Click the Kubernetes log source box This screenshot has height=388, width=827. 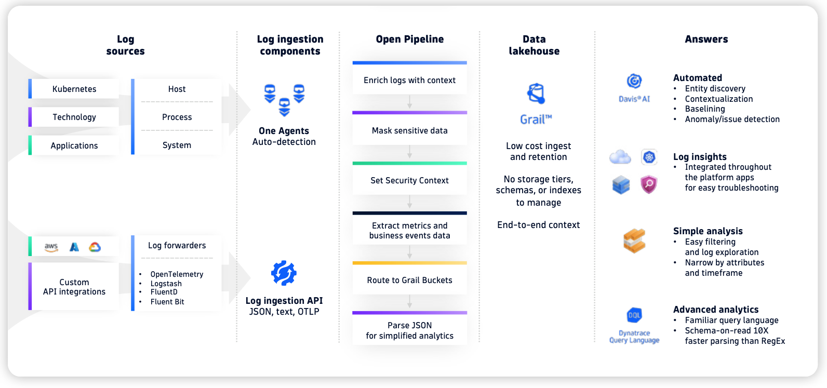click(74, 89)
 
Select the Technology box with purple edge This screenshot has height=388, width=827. click(74, 117)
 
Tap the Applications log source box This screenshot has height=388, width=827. click(74, 145)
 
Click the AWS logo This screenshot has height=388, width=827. click(51, 247)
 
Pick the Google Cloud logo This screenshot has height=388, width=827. click(95, 247)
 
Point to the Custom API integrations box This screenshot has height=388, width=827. click(74, 287)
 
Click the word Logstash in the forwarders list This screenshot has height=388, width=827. click(166, 284)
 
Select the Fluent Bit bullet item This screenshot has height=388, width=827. click(167, 302)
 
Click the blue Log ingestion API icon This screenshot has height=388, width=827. click(284, 273)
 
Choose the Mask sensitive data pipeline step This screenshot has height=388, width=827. click(409, 130)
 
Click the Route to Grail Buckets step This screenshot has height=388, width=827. click(409, 280)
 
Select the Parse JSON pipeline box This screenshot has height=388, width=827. click(409, 330)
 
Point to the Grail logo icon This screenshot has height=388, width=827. click(536, 94)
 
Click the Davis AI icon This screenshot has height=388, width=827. click(634, 81)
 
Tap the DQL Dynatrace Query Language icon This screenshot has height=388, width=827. click(634, 315)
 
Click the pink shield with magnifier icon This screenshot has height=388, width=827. click(649, 184)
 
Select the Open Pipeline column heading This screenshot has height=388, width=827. click(409, 39)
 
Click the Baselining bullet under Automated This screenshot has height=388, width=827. click(704, 109)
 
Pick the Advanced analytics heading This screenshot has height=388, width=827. click(715, 310)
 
